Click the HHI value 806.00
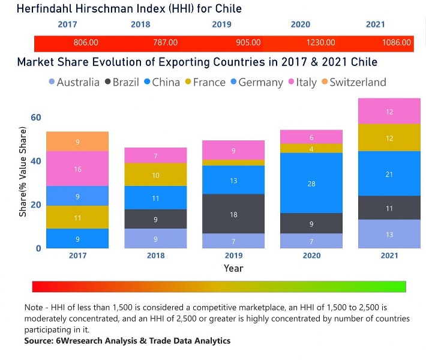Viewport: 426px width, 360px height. click(86, 43)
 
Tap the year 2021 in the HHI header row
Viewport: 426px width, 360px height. click(376, 25)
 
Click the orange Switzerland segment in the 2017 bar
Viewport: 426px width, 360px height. click(77, 142)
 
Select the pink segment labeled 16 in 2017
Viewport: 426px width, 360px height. click(77, 169)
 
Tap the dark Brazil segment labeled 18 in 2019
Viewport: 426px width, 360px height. click(233, 214)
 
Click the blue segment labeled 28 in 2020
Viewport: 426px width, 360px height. click(311, 183)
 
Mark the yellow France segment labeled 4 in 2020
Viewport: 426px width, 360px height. click(311, 149)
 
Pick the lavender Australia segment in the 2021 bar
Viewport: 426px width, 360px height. click(389, 234)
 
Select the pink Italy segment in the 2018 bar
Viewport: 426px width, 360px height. click(155, 155)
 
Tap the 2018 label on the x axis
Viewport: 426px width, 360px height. click(155, 256)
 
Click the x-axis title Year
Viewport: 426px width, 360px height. click(233, 268)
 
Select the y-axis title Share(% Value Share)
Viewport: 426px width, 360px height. click(23, 172)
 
